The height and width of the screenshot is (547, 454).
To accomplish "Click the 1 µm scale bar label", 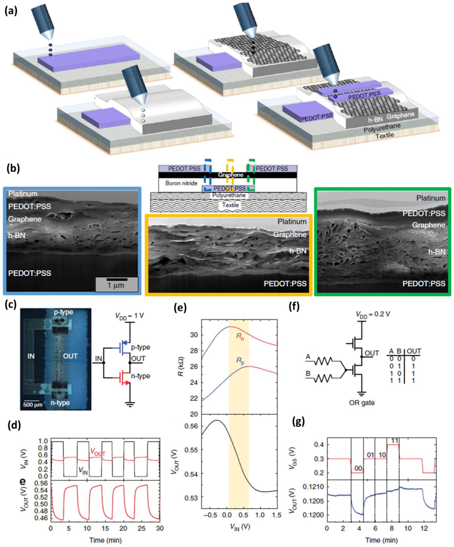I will click(116, 285).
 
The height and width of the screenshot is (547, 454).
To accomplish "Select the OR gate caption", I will click(362, 403).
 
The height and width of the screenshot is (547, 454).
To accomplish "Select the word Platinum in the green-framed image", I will click(431, 198).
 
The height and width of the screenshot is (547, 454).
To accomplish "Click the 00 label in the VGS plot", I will click(358, 468).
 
